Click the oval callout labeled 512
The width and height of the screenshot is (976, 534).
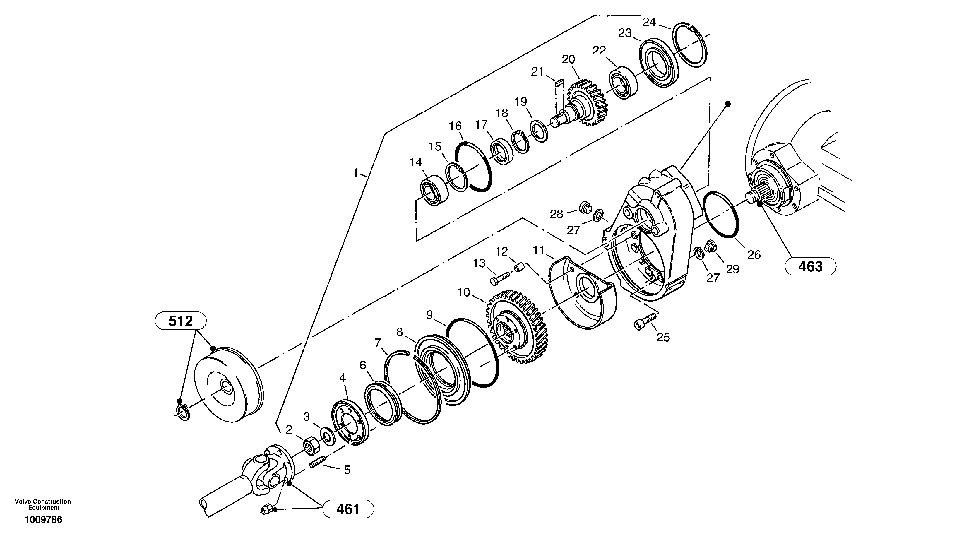click(x=181, y=321)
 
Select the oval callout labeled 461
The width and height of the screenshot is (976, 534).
click(x=348, y=509)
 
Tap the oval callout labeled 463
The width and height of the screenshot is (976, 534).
click(x=810, y=266)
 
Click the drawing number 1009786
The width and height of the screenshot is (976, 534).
click(x=43, y=520)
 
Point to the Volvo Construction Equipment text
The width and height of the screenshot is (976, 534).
click(x=43, y=504)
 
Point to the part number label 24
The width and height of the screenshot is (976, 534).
click(x=649, y=22)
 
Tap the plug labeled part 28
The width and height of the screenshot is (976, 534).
click(x=586, y=207)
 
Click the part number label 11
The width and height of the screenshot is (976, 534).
click(x=539, y=250)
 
